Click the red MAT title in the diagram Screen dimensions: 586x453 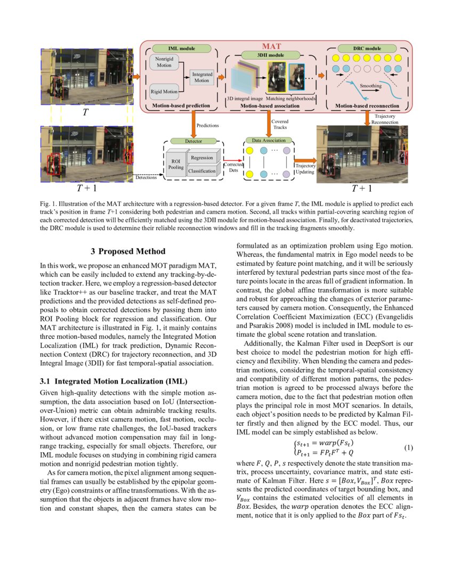(272, 47)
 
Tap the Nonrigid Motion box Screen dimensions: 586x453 (164, 62)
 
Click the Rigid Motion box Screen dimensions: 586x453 (164, 92)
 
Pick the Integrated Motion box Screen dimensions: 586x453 (201, 77)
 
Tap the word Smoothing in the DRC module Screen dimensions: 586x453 (370, 85)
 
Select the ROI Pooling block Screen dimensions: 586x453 (175, 164)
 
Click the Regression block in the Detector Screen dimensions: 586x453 (202, 158)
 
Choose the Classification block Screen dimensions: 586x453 (202, 171)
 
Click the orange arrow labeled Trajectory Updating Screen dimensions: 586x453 (305, 159)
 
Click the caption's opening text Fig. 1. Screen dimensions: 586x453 (48, 204)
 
